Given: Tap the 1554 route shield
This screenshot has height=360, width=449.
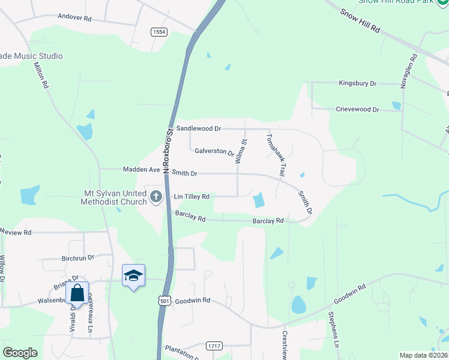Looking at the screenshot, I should click(159, 32).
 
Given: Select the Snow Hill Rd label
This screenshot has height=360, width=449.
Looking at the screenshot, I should click(360, 20).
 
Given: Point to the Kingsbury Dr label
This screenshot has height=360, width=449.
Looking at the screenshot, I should click(357, 83).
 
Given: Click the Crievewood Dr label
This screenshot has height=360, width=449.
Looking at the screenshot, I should click(358, 110).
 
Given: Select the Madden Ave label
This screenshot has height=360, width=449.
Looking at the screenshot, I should click(142, 170).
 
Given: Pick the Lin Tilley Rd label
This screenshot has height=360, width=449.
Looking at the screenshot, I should click(191, 197).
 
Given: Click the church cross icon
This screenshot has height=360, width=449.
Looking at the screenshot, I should click(156, 196).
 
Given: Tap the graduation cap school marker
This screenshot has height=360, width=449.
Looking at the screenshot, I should click(133, 275).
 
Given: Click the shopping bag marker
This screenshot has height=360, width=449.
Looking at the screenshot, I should click(77, 293).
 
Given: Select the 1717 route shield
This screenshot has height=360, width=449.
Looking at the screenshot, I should click(213, 346).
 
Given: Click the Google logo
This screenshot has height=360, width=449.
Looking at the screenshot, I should click(20, 353).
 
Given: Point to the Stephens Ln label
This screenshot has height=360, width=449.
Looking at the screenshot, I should click(334, 331).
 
